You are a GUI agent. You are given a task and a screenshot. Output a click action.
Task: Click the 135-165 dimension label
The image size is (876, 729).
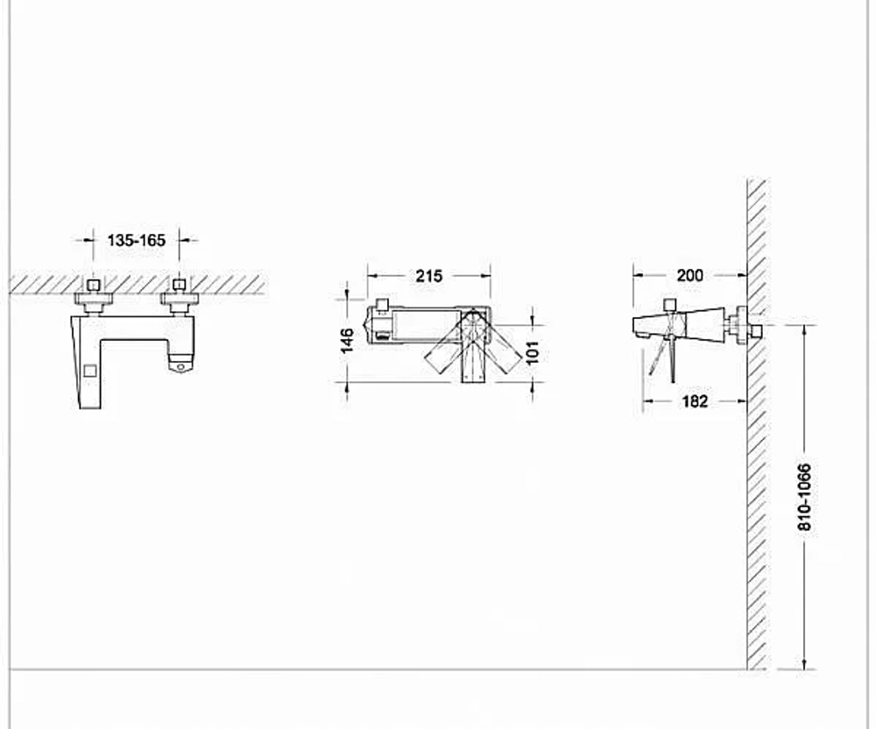[x=137, y=240]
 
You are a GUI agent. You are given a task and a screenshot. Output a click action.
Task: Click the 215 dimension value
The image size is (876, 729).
[x=428, y=275]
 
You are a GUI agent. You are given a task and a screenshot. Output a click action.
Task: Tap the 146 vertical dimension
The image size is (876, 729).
[x=347, y=341]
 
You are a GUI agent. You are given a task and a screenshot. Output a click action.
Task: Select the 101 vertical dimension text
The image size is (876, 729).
[x=533, y=352]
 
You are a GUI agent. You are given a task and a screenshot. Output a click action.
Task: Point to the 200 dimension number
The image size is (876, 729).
[x=690, y=275]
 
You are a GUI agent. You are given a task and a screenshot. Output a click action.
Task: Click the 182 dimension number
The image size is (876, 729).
[x=695, y=401]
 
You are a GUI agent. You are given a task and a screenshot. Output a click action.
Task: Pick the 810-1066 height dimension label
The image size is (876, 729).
[x=804, y=497]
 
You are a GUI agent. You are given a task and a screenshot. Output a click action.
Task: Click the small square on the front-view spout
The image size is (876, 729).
[x=89, y=371]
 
